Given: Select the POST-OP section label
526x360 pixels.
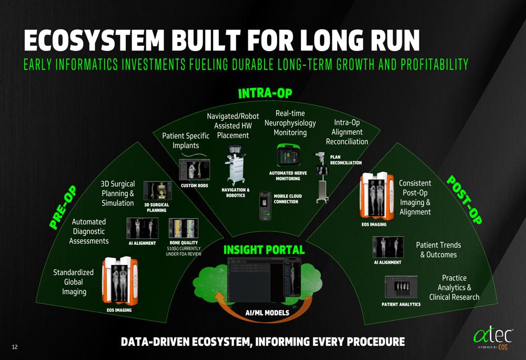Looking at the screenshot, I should click(x=464, y=200).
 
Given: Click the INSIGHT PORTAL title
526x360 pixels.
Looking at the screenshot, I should click(x=264, y=250).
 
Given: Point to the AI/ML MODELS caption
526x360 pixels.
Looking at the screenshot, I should click(x=267, y=313).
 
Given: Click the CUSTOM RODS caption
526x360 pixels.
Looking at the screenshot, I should click(x=195, y=186).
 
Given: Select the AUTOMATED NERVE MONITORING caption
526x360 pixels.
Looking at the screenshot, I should click(x=288, y=176).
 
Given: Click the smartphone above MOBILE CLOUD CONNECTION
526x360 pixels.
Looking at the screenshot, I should click(x=266, y=205).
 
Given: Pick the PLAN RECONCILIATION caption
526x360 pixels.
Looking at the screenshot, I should click(x=346, y=160).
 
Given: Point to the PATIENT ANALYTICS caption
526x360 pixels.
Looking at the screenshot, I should click(x=401, y=304).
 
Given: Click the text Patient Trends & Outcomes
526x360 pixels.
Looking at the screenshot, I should click(x=438, y=250).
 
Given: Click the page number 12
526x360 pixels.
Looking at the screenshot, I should click(x=15, y=347).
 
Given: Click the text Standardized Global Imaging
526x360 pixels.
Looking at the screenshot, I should click(x=74, y=282).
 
